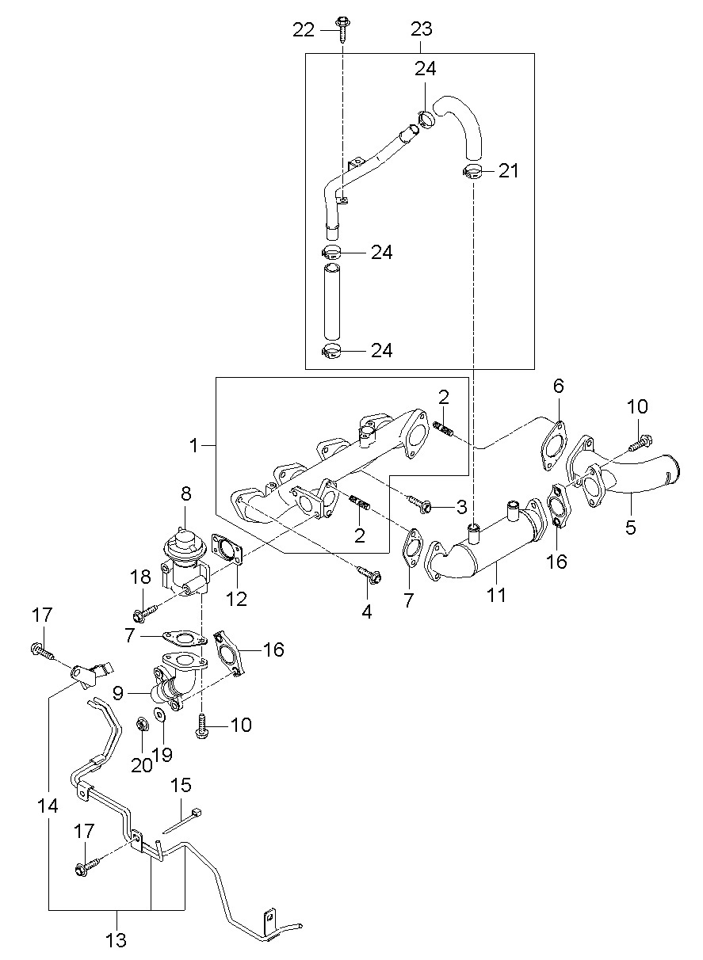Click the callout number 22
pos(304,30)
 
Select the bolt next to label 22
pos(342,29)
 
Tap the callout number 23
pos(422,29)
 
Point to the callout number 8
pos(185,493)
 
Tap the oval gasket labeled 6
pos(553,446)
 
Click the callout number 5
pos(631,527)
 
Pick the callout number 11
pos(497,594)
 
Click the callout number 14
pos(48,806)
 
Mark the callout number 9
pos(118,693)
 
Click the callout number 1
pos(194,446)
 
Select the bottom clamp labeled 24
pos(331,351)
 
